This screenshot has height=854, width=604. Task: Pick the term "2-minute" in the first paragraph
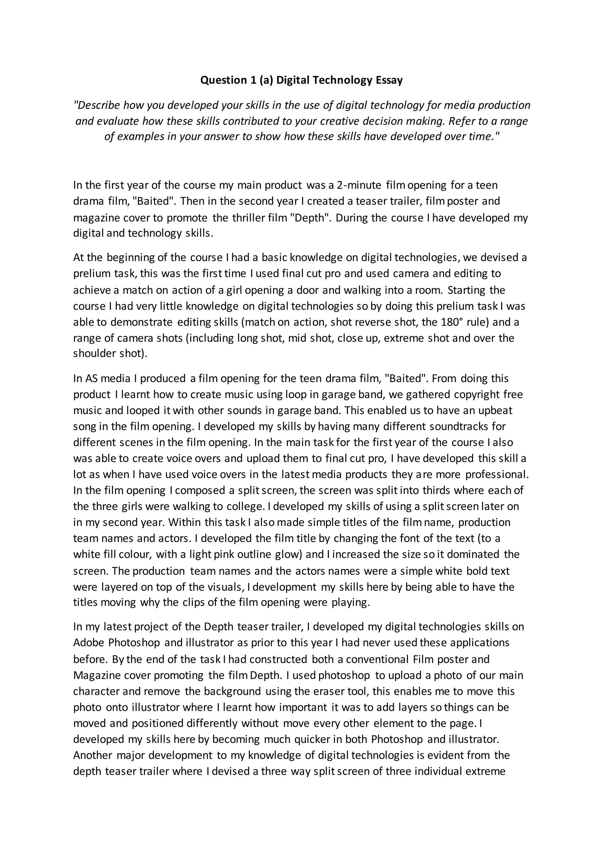pos(359,185)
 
